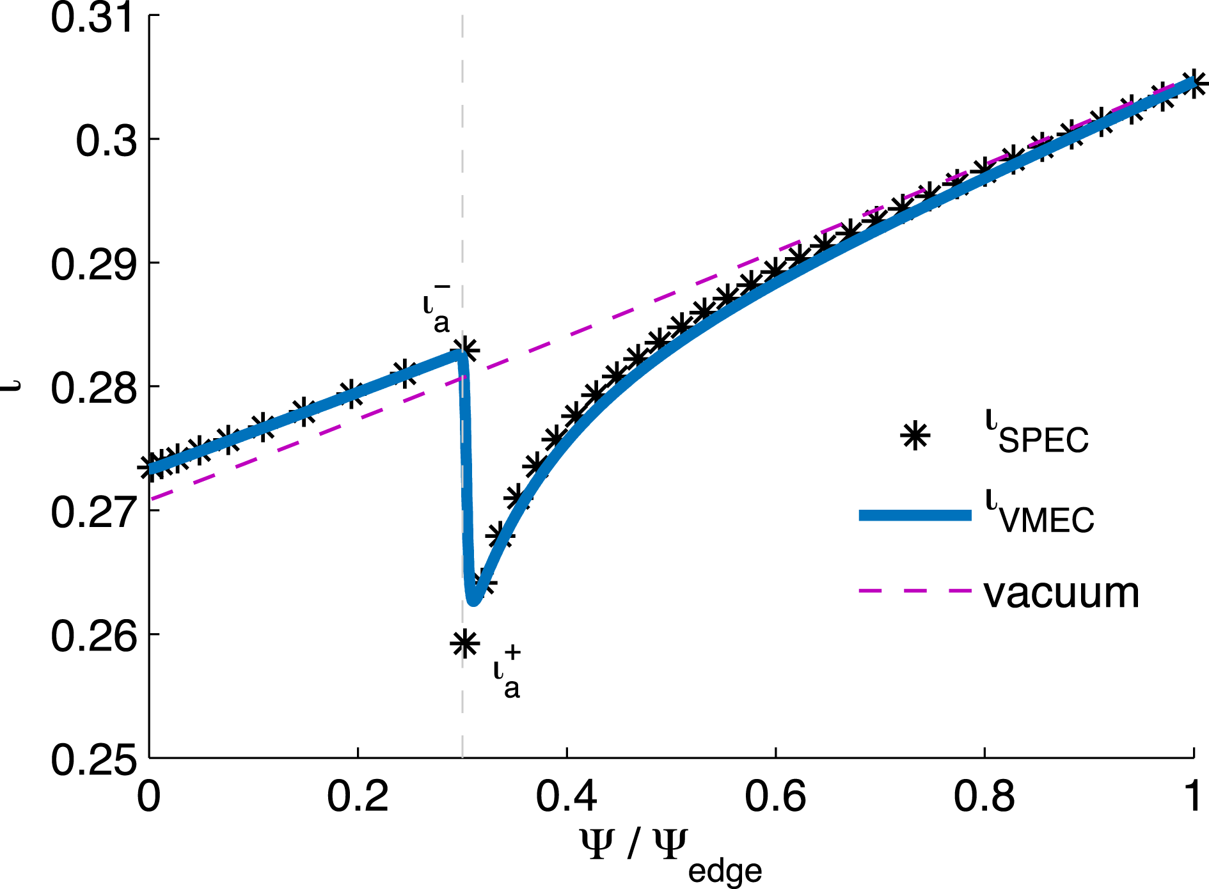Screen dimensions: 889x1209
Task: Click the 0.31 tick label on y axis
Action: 93,17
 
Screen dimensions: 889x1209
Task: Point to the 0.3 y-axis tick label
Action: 106,141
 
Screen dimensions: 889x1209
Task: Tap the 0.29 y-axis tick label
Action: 93,264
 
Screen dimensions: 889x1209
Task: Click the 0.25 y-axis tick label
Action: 93,760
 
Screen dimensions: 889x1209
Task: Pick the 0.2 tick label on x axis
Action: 357,797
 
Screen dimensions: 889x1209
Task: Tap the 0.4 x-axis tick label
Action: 566,797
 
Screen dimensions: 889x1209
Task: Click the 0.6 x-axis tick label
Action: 775,797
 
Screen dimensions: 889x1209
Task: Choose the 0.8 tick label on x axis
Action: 984,797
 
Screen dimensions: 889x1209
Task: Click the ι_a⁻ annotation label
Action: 437,310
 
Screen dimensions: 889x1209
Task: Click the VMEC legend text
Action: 1039,515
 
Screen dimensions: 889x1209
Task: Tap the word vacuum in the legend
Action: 1061,593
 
